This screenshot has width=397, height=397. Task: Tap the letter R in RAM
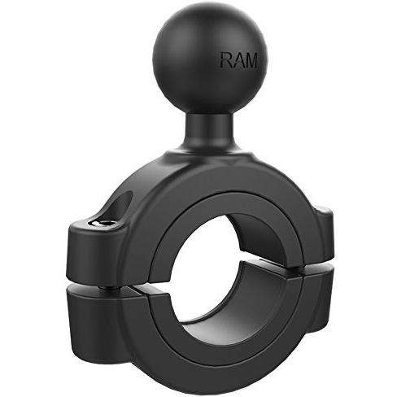[226, 59]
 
